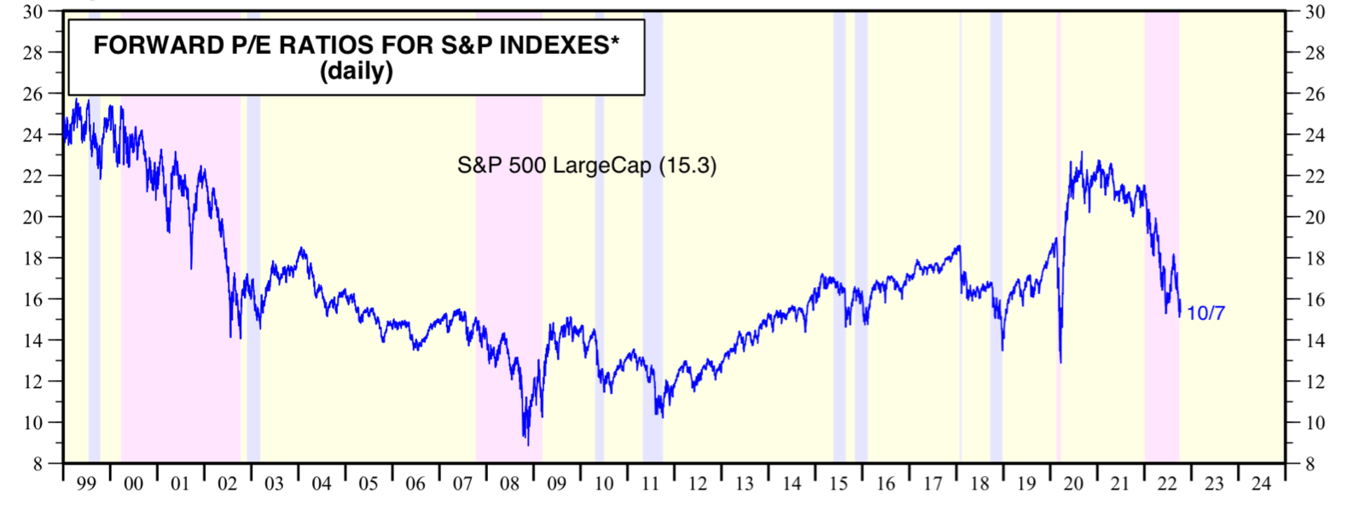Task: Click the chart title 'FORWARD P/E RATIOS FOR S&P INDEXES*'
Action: point(356,45)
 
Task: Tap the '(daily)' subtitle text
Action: point(356,71)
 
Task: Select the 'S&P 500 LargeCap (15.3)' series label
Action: point(586,165)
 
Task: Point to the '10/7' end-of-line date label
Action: point(1205,313)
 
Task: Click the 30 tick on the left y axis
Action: point(33,12)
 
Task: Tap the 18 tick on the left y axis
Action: point(33,258)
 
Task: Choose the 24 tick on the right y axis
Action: point(1314,135)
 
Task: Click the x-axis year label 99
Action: point(86,485)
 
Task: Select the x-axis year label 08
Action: point(509,485)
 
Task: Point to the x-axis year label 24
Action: point(1261,485)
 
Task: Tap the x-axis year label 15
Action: point(839,485)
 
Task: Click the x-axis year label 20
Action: point(1073,485)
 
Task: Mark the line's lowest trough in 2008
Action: point(527,444)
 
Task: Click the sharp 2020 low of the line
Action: point(1060,363)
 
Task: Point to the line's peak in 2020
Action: point(1081,154)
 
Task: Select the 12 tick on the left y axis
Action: point(33,381)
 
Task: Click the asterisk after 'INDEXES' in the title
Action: point(614,41)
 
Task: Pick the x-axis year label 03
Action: point(274,485)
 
